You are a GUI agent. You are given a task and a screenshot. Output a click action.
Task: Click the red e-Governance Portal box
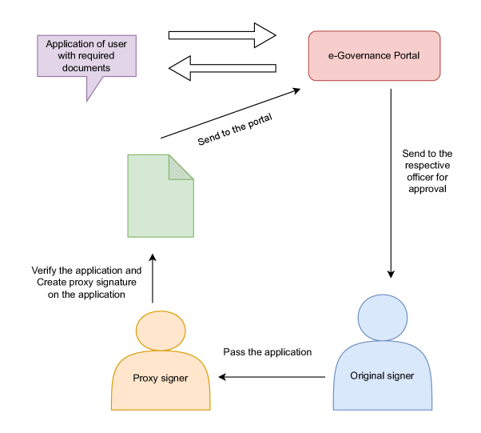[374, 56]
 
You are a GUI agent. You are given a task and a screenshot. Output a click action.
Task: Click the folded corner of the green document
[181, 167]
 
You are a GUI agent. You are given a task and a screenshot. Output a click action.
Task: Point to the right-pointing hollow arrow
[221, 35]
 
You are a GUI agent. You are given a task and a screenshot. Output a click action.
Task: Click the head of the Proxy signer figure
[161, 331]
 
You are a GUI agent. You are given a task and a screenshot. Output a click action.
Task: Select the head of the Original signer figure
[383, 317]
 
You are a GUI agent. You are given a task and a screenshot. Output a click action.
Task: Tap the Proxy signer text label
[161, 378]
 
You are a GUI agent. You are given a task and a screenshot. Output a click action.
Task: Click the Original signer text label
[383, 375]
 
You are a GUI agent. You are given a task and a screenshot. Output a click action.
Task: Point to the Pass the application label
[267, 352]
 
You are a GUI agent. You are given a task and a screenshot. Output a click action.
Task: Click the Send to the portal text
[235, 130]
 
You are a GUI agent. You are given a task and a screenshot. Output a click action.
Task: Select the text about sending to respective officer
[428, 171]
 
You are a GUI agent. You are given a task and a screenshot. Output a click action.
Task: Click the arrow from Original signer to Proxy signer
[272, 376]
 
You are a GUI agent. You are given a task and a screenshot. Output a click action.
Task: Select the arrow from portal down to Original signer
[390, 184]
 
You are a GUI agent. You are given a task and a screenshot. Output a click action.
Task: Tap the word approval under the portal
[428, 190]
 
